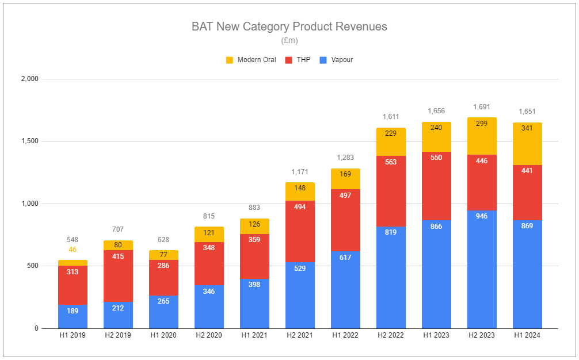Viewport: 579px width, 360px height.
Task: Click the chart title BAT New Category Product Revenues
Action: (289, 26)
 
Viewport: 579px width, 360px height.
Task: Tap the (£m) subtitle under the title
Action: (289, 40)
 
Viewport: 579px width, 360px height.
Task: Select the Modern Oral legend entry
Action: (251, 60)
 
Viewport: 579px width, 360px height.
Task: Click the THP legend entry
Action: (298, 60)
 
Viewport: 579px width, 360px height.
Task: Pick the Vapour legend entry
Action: (336, 60)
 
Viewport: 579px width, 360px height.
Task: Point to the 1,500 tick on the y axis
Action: (29, 141)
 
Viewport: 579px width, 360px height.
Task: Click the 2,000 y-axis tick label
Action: (29, 79)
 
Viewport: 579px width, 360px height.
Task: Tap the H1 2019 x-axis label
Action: (73, 335)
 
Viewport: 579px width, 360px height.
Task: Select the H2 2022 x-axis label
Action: (391, 335)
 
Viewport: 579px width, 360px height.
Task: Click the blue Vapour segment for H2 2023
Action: (482, 270)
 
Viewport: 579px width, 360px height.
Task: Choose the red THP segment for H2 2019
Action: (118, 276)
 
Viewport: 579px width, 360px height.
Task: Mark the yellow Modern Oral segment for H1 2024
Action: (527, 144)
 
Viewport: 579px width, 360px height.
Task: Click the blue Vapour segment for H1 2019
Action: (73, 316)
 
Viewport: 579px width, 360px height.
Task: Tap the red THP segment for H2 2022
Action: (391, 191)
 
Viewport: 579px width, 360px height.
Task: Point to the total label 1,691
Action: (482, 107)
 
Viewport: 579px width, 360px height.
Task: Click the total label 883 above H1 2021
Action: (254, 208)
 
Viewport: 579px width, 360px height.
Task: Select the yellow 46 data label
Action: (73, 250)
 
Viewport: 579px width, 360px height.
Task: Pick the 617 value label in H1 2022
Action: (345, 258)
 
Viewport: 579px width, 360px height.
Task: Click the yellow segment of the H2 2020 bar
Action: (209, 234)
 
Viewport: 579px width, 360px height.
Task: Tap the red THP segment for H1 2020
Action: (163, 278)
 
